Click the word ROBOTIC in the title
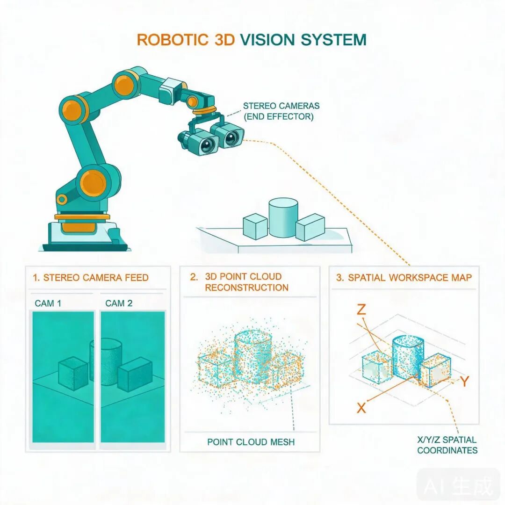pos(173,40)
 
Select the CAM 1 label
pos(48,303)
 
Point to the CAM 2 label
pos(119,303)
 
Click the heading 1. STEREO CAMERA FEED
pos(91,278)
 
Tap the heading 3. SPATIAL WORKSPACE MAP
pos(404,278)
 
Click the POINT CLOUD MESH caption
pos(251,442)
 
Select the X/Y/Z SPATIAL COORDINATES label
pos(447,445)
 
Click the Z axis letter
pos(361,310)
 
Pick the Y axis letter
pos(464,382)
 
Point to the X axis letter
pos(361,408)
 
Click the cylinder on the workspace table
pos(283,218)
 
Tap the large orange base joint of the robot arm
pos(93,183)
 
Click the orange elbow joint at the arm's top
pos(124,84)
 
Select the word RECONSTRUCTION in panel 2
pos(247,288)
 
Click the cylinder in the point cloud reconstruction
pos(253,358)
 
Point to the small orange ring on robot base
pos(62,200)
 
